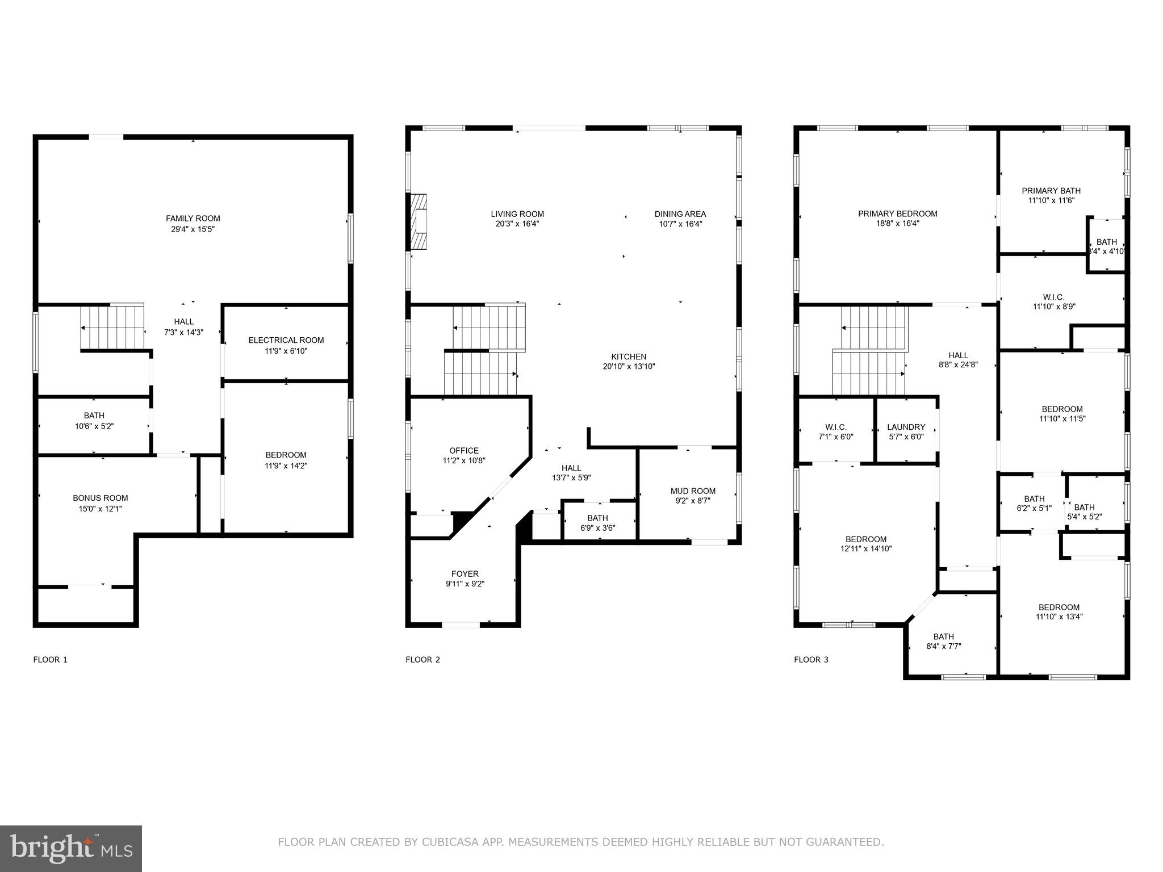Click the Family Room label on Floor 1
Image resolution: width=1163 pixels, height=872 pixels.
pyautogui.click(x=193, y=219)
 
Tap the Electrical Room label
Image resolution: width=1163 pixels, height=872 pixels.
pyautogui.click(x=286, y=340)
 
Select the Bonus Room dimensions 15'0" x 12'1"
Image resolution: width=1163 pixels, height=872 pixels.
pyautogui.click(x=100, y=509)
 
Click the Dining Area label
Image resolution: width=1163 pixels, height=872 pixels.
pyautogui.click(x=680, y=214)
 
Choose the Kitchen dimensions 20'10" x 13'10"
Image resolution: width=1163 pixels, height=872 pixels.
pyautogui.click(x=629, y=366)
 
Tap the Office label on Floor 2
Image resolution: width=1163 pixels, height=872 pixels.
pyautogui.click(x=464, y=451)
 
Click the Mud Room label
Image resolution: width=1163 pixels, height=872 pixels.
pyautogui.click(x=693, y=491)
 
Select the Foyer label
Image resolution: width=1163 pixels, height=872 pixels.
pyautogui.click(x=465, y=574)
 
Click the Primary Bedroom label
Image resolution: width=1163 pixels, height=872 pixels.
pyautogui.click(x=897, y=214)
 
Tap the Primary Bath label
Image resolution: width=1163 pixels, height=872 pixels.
pyautogui.click(x=1051, y=191)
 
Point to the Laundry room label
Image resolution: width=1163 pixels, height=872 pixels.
pyautogui.click(x=906, y=427)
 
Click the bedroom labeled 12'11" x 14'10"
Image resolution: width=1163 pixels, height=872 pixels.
pyautogui.click(x=865, y=544)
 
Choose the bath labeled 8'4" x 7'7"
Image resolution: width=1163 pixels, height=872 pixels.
pyautogui.click(x=943, y=642)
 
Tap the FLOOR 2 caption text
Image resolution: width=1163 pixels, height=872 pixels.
pyautogui.click(x=422, y=660)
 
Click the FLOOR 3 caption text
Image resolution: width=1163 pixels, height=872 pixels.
pyautogui.click(x=811, y=660)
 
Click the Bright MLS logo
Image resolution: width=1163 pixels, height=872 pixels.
pyautogui.click(x=71, y=848)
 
